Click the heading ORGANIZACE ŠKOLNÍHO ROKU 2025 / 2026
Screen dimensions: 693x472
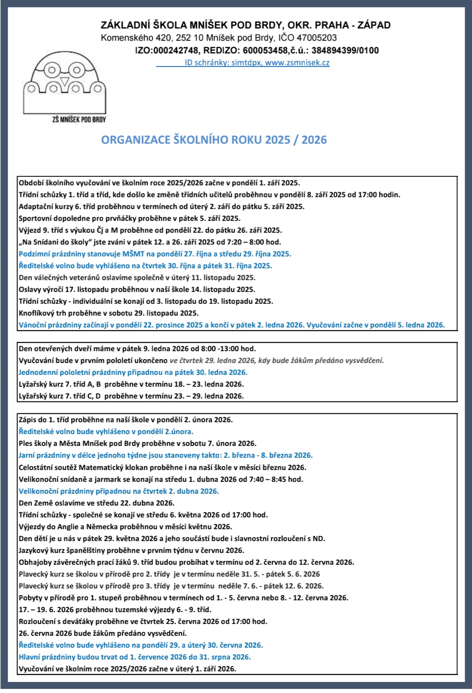(214, 140)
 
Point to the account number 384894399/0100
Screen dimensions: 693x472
(345, 51)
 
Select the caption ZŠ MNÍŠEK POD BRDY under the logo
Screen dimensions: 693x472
(79, 120)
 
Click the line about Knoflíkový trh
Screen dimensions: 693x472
(109, 313)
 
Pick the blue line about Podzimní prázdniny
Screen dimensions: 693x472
(155, 254)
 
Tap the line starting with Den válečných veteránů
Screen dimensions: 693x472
(137, 278)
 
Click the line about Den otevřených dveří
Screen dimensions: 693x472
(137, 349)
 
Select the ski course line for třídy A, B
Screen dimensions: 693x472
(131, 384)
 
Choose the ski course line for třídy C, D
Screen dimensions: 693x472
(131, 396)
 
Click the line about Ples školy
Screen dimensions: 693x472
(137, 443)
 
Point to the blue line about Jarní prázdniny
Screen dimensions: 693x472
(165, 455)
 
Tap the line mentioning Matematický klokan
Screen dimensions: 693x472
(163, 467)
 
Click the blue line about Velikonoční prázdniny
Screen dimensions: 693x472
(119, 491)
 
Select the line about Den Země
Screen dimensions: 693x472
(96, 503)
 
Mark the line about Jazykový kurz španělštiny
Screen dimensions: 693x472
(131, 550)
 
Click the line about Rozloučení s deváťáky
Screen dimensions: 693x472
(143, 622)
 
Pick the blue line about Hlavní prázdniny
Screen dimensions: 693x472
(135, 657)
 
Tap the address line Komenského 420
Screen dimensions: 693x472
(219, 38)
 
